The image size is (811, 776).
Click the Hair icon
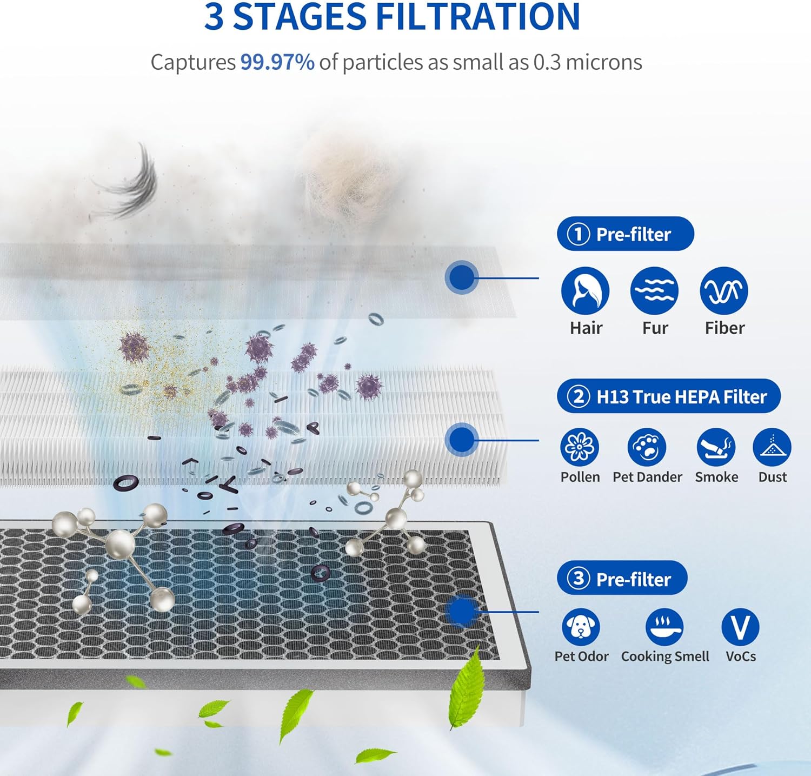[x=585, y=291]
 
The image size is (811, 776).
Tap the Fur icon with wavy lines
[x=654, y=291]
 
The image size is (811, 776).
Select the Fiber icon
[x=724, y=291]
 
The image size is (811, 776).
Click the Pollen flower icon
[x=580, y=447]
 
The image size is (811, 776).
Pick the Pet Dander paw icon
[x=647, y=447]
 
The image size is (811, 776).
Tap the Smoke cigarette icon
[x=716, y=447]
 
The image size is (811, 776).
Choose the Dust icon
[x=772, y=447]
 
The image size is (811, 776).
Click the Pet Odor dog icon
[x=581, y=627]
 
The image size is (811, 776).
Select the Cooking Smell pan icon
[x=664, y=627]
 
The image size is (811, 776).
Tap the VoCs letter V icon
[x=740, y=627]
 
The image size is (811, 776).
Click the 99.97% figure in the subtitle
[x=277, y=62]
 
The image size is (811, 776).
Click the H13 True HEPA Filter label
[x=681, y=397]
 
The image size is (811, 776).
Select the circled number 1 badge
[x=578, y=234]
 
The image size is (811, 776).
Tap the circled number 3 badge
[x=578, y=579]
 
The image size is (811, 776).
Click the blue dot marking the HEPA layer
[x=461, y=440]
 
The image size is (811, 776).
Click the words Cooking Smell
[x=665, y=656]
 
